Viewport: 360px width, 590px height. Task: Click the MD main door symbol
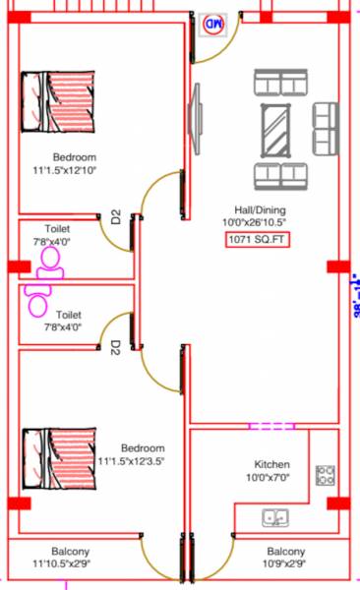coord(213,24)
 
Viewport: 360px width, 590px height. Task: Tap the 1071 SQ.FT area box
coord(257,239)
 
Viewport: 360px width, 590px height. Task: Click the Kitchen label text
coord(271,464)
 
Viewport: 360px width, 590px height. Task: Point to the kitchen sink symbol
coord(274,517)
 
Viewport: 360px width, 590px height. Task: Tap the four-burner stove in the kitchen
coord(326,477)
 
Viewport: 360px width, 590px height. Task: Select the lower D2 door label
coord(115,347)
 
